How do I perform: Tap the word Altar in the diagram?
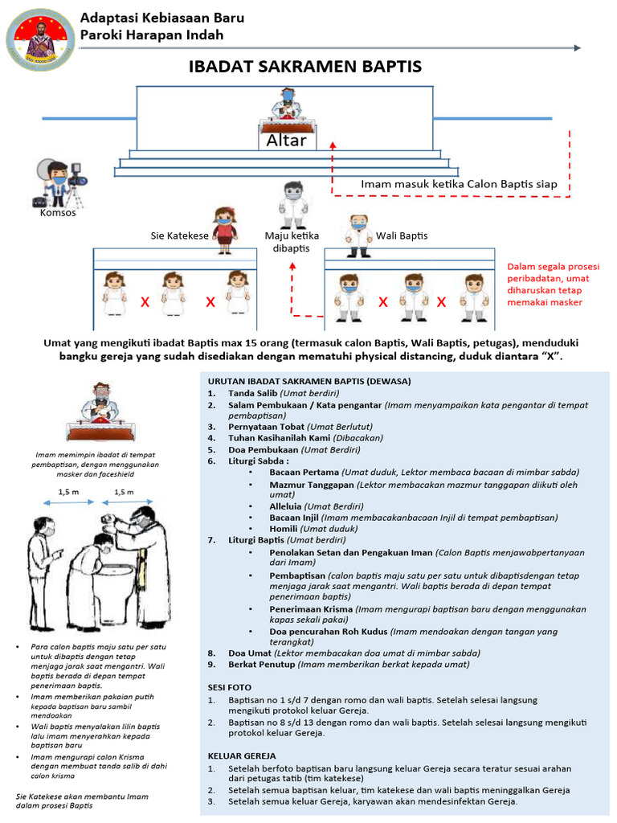(287, 140)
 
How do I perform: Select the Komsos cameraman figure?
(58, 185)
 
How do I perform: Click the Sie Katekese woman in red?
(224, 229)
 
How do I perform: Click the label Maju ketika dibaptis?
(292, 242)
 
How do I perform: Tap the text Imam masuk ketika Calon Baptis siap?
(459, 184)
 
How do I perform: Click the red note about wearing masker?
(553, 285)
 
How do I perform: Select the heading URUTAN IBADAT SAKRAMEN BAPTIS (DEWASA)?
(309, 380)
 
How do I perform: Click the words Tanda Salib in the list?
(252, 393)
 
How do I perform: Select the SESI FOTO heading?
(230, 688)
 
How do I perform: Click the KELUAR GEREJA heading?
(242, 756)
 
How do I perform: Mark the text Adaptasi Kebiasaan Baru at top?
(161, 18)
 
